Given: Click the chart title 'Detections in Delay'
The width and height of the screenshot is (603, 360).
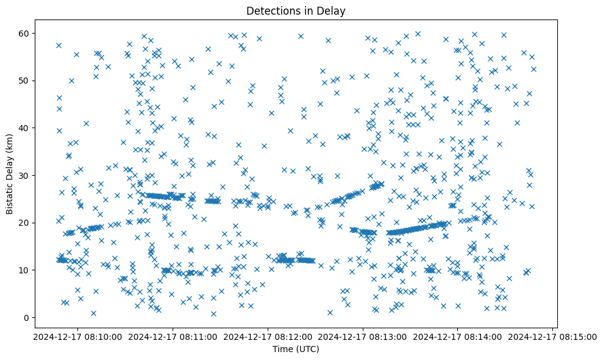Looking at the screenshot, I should click(295, 11).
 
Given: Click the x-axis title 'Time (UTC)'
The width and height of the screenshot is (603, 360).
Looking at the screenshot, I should click(295, 349).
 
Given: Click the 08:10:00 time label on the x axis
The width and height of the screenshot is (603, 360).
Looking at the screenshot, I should click(78, 336).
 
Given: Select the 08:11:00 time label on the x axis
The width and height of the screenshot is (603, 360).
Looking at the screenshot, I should click(173, 336).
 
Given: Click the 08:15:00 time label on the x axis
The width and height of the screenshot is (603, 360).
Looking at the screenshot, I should click(553, 336).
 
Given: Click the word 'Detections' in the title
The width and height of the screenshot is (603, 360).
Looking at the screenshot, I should click(270, 11).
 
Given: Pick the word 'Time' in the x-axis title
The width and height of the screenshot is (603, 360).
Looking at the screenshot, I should click(282, 349).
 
